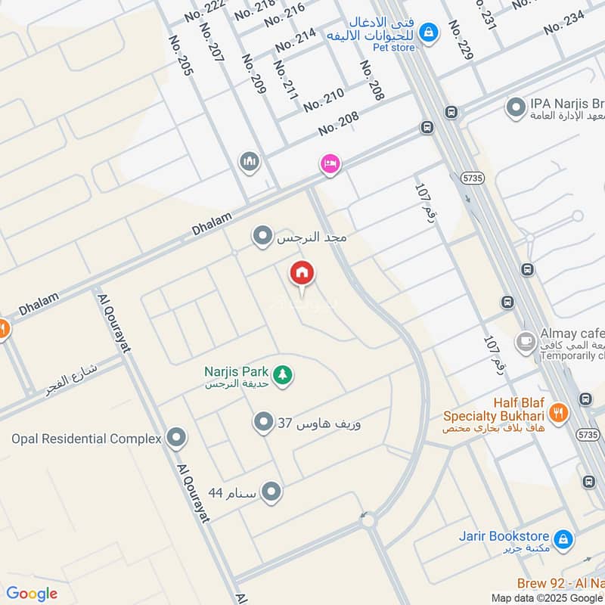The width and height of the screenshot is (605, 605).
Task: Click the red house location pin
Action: pyautogui.click(x=302, y=275)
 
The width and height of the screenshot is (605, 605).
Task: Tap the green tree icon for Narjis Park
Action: pyautogui.click(x=284, y=374)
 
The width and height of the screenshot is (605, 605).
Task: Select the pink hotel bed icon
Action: pyautogui.click(x=330, y=164)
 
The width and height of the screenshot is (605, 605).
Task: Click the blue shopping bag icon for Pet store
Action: pyautogui.click(x=429, y=33)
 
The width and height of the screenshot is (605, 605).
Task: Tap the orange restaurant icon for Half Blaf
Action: pyautogui.click(x=558, y=413)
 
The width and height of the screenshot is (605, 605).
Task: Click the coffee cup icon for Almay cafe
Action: pyautogui.click(x=523, y=342)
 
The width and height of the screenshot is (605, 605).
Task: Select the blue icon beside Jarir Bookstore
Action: pyautogui.click(x=563, y=539)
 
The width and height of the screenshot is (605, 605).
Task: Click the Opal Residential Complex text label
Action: pyautogui.click(x=86, y=439)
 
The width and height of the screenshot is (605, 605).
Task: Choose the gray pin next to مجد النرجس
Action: pyautogui.click(x=262, y=237)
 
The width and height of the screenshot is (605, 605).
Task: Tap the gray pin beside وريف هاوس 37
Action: pyautogui.click(x=263, y=422)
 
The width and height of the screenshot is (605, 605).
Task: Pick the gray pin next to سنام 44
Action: pyautogui.click(x=271, y=492)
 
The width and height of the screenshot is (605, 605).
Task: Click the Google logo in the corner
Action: pyautogui.click(x=32, y=594)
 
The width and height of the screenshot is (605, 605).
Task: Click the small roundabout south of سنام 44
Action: pyautogui.click(x=368, y=520)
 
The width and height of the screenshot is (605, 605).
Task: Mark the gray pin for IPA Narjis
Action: pyautogui.click(x=516, y=108)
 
